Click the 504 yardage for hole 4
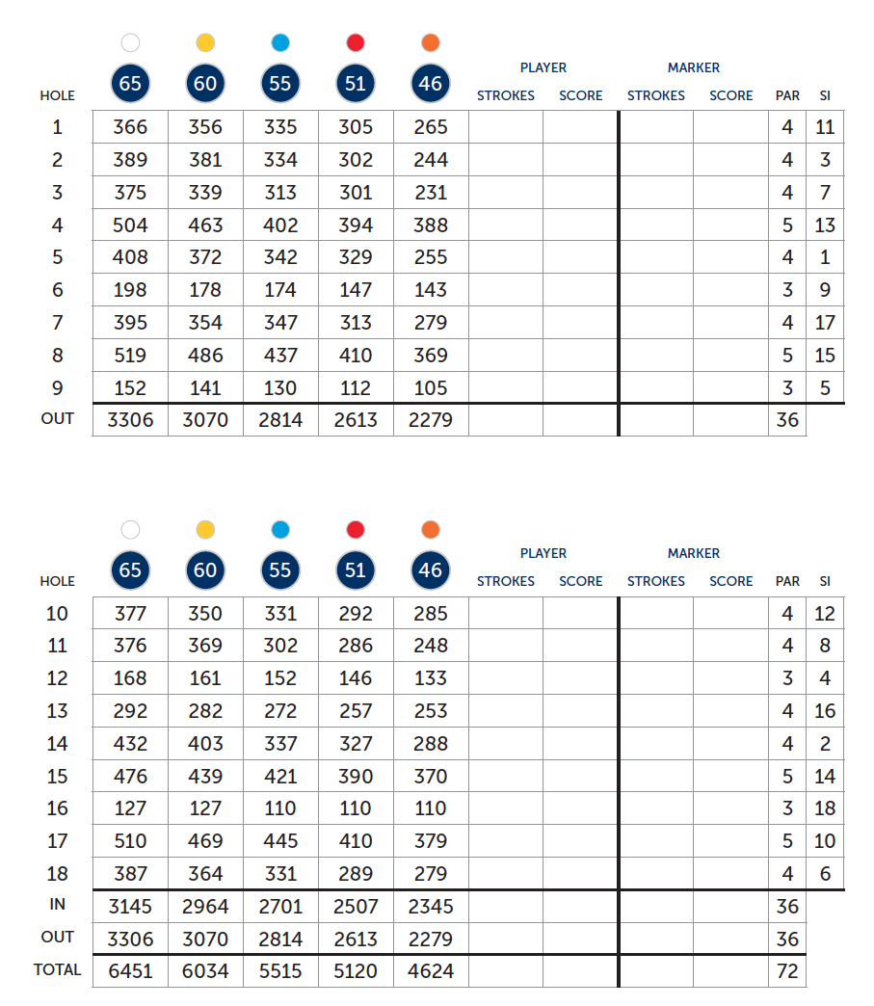[130, 225]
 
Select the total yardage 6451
[130, 971]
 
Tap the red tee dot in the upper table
[356, 42]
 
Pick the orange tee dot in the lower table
[431, 529]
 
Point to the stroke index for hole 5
[825, 258]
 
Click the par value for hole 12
[787, 678]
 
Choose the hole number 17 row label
[58, 841]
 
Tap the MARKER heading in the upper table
[694, 67]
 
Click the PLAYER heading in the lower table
[543, 553]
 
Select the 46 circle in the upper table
[431, 84]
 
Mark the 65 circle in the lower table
[130, 570]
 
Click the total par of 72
[787, 971]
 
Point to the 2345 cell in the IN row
[431, 907]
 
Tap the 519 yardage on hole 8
[130, 356]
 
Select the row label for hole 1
[58, 127]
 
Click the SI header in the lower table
[825, 581]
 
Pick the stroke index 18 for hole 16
[825, 808]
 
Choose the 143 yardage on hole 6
[431, 290]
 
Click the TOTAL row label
[58, 970]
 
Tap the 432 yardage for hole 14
[130, 744]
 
